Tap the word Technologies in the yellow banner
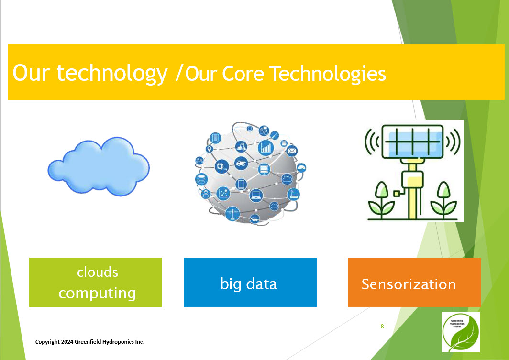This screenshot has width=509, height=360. click(328, 74)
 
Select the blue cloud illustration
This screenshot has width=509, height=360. click(99, 166)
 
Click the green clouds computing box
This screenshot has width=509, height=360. click(96, 282)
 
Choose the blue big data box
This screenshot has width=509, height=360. click(251, 282)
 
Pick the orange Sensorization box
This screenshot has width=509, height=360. click(414, 282)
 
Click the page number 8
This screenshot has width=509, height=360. click(382, 326)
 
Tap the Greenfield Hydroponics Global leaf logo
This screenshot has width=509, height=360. click(460, 332)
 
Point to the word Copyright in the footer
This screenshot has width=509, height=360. click(47, 342)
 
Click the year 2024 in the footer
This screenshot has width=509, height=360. click(67, 342)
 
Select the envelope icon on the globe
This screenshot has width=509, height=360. click(292, 151)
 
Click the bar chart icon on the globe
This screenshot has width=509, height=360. click(266, 148)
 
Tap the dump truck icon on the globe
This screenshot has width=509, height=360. click(241, 163)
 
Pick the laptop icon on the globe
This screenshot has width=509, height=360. click(256, 195)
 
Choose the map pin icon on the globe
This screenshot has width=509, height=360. click(210, 149)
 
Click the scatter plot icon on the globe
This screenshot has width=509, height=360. click(223, 194)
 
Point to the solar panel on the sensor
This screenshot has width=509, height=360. click(412, 142)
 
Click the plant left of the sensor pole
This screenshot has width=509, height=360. click(381, 200)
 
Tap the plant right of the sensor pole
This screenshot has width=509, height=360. click(443, 200)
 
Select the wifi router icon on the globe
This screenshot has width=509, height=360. click(293, 195)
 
